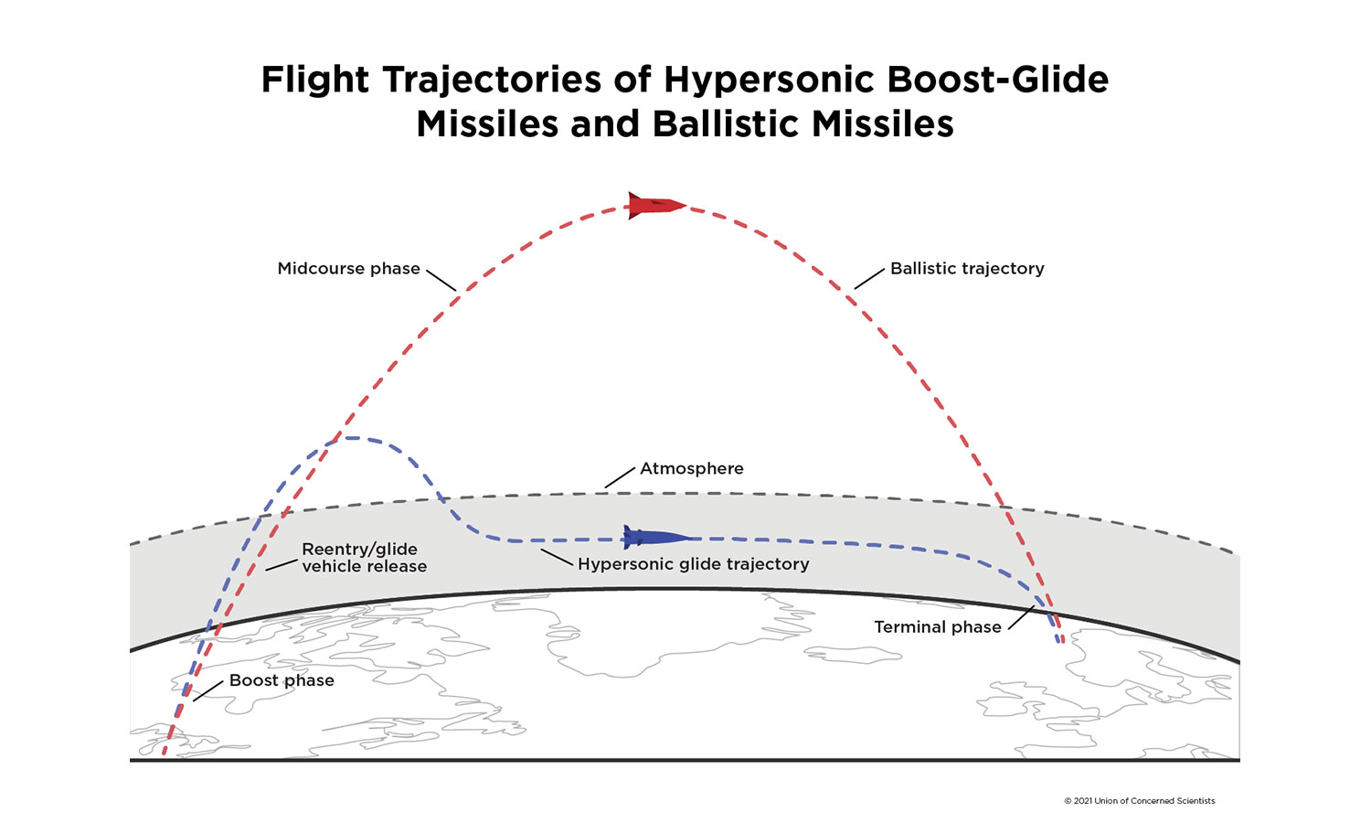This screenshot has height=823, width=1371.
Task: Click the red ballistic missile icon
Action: [x=655, y=205]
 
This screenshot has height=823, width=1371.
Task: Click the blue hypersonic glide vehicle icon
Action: [x=654, y=537]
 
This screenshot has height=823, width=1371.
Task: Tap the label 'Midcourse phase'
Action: [x=348, y=269]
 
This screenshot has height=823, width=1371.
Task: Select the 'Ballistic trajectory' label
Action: [x=967, y=269]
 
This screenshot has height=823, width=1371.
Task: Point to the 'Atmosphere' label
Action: [x=691, y=468]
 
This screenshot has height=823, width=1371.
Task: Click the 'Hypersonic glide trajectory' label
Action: [x=693, y=564]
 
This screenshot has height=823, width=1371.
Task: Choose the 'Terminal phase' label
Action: [x=937, y=627]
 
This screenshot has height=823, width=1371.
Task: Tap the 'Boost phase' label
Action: [x=282, y=680]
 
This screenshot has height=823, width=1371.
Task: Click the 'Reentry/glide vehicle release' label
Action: [x=363, y=558]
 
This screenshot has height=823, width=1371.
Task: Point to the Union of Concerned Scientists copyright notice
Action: [x=1139, y=801]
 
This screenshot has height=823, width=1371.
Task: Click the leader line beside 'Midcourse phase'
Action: [x=441, y=280]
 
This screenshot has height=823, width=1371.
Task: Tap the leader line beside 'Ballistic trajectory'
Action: [x=869, y=278]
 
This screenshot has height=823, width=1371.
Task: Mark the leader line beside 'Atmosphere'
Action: [x=620, y=476]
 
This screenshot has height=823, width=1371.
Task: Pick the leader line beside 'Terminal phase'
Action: [x=1021, y=617]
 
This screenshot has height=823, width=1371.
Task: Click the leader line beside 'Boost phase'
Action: [x=208, y=690]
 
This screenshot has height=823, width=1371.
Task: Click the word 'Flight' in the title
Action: [x=315, y=80]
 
